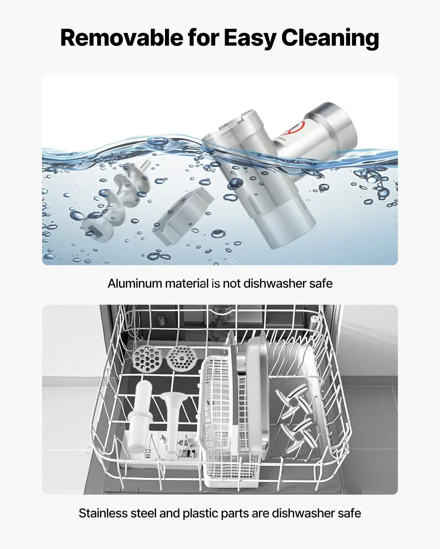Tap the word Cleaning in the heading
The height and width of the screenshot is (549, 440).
330,38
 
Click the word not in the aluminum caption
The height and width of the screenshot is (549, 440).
232,284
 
